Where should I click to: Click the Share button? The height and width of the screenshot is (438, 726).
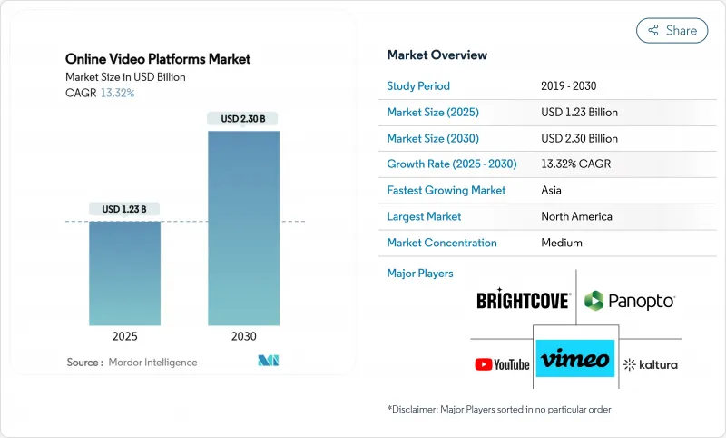point(672,30)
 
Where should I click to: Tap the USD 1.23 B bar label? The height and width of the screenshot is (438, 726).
point(125,210)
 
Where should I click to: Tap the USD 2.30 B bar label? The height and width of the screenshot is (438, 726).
point(243,119)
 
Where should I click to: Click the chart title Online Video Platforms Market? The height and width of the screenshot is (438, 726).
point(158,59)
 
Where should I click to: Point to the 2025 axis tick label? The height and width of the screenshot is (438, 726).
point(125,336)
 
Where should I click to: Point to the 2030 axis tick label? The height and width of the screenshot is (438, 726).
point(243,336)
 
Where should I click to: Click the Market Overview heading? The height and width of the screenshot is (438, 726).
point(437,55)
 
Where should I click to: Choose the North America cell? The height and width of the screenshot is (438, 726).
point(576,216)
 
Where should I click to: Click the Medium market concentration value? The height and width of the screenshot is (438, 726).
point(562,243)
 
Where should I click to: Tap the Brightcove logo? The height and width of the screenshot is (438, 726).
point(524,300)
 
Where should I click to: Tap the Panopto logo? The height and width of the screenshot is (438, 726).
point(629,300)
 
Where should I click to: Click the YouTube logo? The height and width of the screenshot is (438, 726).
point(502,364)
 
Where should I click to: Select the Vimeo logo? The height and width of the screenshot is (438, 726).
point(575,360)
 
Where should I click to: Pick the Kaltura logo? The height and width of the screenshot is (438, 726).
point(650,364)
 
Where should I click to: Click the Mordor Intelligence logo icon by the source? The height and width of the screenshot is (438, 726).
point(268,362)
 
